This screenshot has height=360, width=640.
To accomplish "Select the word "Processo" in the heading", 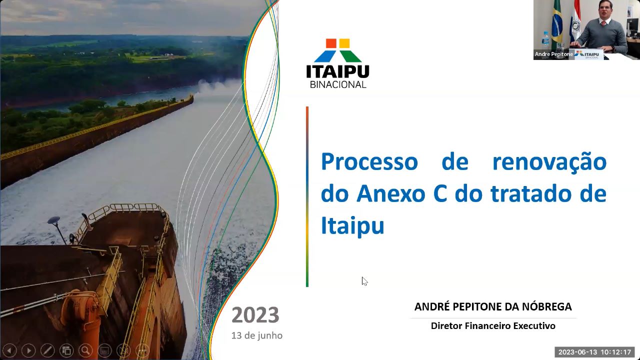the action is (x=369, y=161).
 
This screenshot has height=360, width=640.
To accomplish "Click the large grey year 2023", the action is (x=255, y=315).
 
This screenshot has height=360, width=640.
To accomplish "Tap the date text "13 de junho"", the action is (x=257, y=335).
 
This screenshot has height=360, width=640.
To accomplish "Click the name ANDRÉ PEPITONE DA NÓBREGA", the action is (x=493, y=306).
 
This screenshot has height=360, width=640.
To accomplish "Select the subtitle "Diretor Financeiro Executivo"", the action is (x=493, y=325).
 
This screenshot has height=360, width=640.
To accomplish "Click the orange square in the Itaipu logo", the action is (x=331, y=43).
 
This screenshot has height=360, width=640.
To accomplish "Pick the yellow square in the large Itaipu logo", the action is (x=344, y=43).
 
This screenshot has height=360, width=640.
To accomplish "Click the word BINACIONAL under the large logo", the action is (x=338, y=84).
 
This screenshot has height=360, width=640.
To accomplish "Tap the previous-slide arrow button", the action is (x=9, y=350).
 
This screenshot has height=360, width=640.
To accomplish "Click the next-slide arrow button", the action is (x=28, y=350).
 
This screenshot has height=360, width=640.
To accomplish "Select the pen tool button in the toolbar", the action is (x=47, y=350).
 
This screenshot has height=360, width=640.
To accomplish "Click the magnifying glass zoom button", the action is (x=85, y=350).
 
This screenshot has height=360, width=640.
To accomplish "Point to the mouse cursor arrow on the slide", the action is (x=364, y=281).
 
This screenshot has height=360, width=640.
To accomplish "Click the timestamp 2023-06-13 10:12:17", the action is (x=594, y=352).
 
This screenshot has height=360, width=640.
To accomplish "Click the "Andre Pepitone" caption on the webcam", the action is (x=553, y=54).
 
